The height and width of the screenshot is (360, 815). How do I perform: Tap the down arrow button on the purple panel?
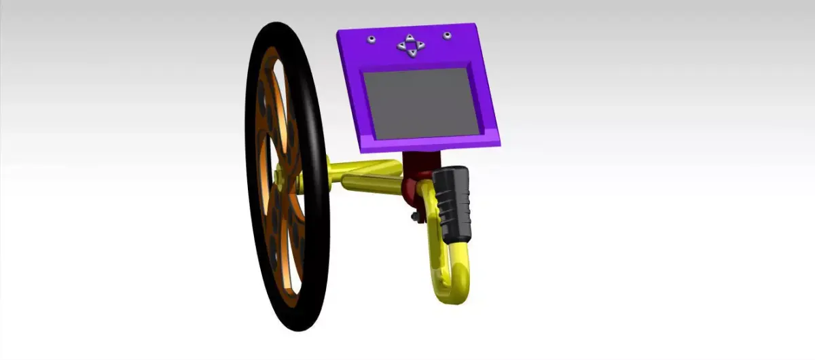(411, 52)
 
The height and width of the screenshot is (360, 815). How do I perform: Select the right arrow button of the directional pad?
(421, 46)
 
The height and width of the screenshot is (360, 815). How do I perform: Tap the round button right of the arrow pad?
(447, 35)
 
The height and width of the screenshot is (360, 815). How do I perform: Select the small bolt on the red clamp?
(413, 217)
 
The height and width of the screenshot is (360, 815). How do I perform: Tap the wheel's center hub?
(280, 178)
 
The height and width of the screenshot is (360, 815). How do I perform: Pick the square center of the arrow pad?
(412, 46)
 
